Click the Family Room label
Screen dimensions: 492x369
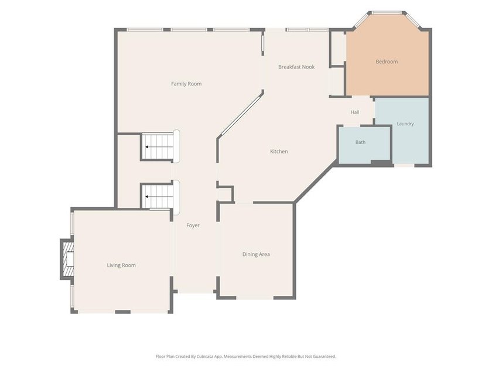186,84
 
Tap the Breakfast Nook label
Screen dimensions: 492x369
296,67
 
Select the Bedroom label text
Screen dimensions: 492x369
387,61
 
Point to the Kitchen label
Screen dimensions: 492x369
279,151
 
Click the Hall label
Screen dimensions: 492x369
355,112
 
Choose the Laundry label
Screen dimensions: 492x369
405,124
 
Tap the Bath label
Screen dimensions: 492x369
361,142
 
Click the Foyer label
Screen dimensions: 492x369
193,225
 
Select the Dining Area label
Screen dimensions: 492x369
256,254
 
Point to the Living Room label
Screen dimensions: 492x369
121,265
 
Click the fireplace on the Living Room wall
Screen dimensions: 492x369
67,259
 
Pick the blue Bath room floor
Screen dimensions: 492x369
364,144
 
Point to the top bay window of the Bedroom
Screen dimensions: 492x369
387,13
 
